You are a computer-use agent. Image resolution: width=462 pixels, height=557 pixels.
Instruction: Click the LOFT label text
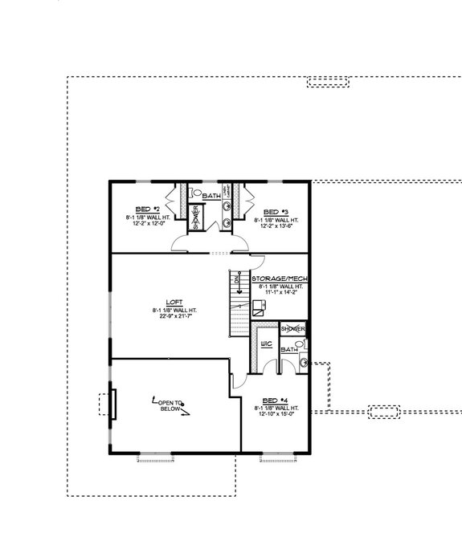[173, 303]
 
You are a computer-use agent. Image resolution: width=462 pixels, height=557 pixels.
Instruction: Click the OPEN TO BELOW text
[170, 405]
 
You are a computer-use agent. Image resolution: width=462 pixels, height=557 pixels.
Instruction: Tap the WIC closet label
[266, 344]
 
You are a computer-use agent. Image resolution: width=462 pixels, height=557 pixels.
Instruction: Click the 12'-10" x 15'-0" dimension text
[276, 415]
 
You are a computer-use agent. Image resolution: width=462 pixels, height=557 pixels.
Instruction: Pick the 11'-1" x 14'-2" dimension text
[276, 293]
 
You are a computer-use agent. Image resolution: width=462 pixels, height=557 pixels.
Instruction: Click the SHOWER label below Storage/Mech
[292, 330]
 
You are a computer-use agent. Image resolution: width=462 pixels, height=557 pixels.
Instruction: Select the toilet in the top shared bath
[196, 193]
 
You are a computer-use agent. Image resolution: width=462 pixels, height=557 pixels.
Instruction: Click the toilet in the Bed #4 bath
[304, 363]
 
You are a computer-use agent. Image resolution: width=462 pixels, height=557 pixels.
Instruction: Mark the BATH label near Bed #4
[289, 349]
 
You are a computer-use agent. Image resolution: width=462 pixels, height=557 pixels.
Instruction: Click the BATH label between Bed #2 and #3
[211, 196]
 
